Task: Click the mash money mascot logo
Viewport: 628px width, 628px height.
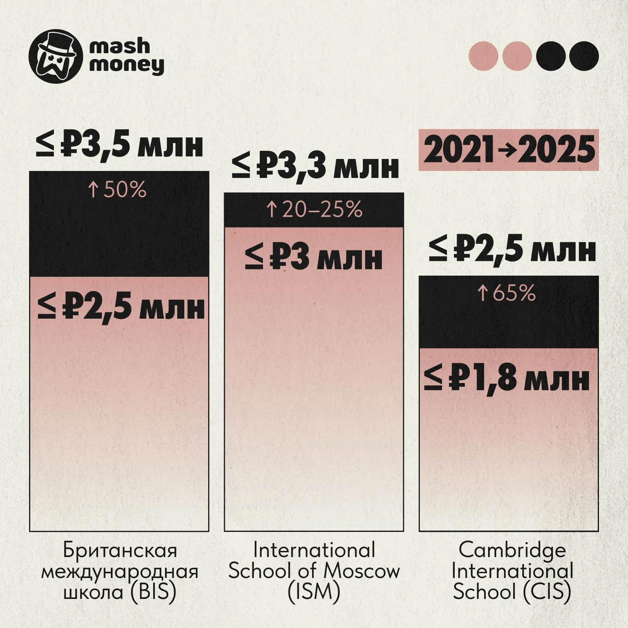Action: tap(56, 57)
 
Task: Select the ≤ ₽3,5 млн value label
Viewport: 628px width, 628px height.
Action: tap(119, 145)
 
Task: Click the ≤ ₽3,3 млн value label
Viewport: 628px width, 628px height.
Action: tap(315, 167)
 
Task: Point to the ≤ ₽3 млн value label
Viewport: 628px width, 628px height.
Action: tap(314, 258)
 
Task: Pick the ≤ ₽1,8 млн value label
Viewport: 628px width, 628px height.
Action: tap(507, 379)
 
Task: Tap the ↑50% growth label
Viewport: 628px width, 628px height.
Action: tap(117, 190)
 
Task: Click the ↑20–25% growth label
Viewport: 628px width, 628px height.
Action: tap(314, 209)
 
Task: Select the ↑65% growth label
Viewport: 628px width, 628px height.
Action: tap(506, 293)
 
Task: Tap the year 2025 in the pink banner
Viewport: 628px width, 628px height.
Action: tap(556, 150)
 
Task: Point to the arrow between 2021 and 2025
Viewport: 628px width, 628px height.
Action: tap(506, 150)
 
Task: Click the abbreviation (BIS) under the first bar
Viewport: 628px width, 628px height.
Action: tap(153, 592)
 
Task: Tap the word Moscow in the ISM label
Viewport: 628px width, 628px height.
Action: tap(361, 571)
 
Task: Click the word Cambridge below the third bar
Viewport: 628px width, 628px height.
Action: tap(512, 550)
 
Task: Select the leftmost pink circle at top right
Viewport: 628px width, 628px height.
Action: tap(483, 56)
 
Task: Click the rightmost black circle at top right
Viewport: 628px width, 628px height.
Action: tap(584, 56)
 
